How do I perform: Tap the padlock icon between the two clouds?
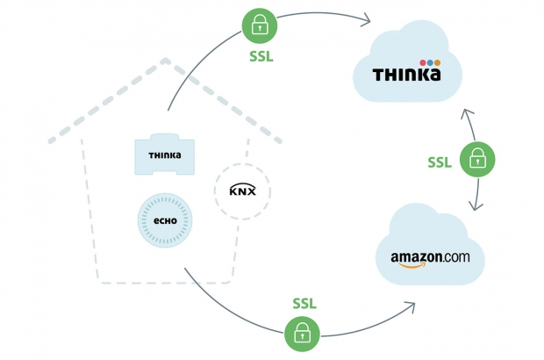(x=478, y=159)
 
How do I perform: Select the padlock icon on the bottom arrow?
(x=302, y=333)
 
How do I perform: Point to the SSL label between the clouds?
(x=440, y=162)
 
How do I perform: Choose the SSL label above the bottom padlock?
(x=303, y=303)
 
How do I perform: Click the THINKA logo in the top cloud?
(x=405, y=75)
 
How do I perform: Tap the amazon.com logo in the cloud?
(x=430, y=258)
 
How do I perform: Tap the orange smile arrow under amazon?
(x=422, y=268)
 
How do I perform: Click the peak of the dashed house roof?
(x=167, y=62)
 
